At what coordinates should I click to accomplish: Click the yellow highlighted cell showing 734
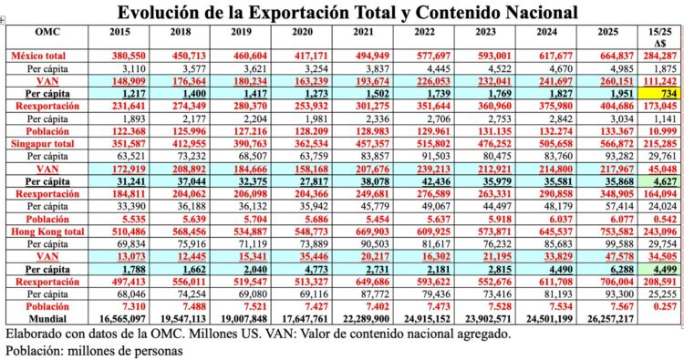(x=658, y=93)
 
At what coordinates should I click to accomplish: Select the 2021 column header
(x=364, y=32)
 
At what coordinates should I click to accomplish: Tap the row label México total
(x=38, y=56)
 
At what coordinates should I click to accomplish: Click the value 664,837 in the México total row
(x=616, y=56)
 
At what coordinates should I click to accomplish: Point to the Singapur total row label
(x=42, y=144)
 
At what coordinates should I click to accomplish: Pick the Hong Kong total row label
(x=47, y=231)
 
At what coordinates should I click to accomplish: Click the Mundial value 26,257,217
(x=610, y=319)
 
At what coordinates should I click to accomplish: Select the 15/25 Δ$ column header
(x=659, y=37)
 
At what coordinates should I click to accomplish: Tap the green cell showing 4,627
(x=658, y=181)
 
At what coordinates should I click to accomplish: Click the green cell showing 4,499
(x=658, y=269)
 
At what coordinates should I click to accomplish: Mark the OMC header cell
(x=47, y=32)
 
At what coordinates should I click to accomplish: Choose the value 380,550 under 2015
(x=129, y=56)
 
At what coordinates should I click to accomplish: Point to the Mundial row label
(x=47, y=319)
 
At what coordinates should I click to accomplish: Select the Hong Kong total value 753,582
(x=616, y=231)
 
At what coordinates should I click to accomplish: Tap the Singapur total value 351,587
(x=129, y=144)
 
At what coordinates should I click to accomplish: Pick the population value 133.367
(x=616, y=131)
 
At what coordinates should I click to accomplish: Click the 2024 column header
(x=547, y=32)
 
